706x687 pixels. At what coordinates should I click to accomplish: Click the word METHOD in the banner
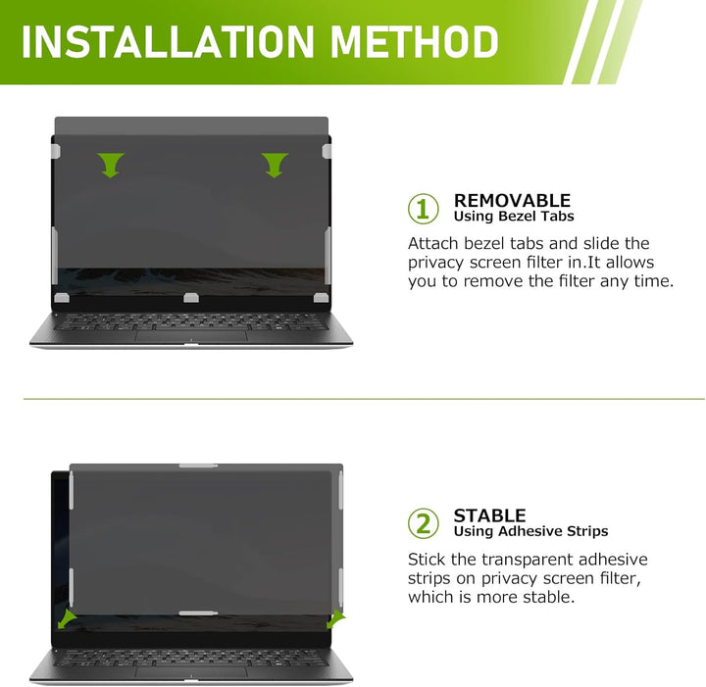click(415, 41)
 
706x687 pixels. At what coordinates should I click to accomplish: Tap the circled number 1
click(424, 209)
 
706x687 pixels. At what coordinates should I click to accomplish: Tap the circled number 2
click(424, 523)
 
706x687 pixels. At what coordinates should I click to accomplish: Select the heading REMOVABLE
click(512, 200)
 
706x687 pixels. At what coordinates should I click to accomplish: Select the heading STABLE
click(489, 515)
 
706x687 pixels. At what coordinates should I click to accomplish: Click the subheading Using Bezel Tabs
click(514, 217)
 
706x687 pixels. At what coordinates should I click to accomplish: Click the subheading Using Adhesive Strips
click(530, 531)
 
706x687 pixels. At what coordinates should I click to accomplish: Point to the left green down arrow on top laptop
click(110, 165)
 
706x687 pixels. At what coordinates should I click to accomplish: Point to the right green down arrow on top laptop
click(275, 165)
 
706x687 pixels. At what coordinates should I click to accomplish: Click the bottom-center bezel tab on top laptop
click(191, 298)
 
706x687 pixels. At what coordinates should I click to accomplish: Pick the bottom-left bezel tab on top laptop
click(62, 298)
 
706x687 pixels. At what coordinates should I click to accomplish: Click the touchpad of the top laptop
click(191, 335)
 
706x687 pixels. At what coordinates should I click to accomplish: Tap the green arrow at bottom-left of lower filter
click(67, 619)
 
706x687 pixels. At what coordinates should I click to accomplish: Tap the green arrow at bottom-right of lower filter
click(336, 619)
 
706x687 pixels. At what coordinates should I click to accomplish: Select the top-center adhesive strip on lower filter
click(198, 466)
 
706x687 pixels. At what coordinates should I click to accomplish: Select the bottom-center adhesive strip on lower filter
click(198, 613)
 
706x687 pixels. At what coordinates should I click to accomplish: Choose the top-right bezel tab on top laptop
click(327, 151)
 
